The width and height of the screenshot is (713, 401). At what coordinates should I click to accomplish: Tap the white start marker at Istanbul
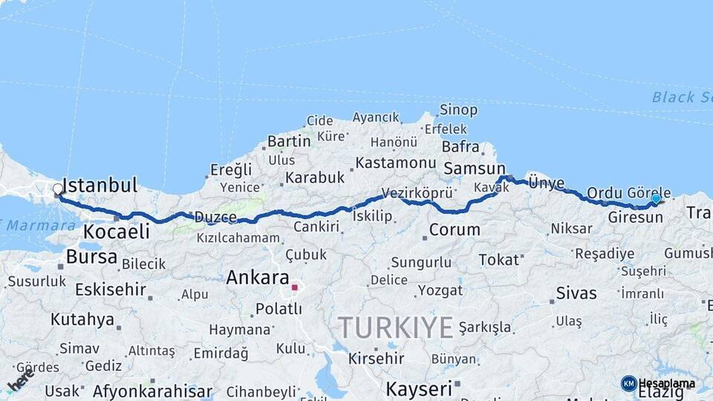pos(58,189)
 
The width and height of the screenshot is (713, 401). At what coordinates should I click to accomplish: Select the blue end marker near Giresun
pos(656,198)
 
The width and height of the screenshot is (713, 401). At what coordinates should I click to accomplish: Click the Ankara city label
pos(257,278)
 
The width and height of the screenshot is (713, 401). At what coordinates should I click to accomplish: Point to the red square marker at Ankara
pos(295,287)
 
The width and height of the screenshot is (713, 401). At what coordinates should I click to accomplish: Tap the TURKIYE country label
pos(395,327)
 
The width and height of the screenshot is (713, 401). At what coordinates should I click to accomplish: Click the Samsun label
pos(475,169)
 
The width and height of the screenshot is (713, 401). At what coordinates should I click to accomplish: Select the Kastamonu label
pos(395,163)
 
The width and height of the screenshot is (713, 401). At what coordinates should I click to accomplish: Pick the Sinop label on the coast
pos(458,110)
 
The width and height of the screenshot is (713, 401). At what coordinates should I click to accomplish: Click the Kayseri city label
pos(419,388)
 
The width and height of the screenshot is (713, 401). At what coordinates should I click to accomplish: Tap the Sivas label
pos(576,293)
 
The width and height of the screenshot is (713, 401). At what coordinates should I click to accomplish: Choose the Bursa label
pos(91,257)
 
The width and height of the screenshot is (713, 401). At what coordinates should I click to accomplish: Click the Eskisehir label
pos(109,289)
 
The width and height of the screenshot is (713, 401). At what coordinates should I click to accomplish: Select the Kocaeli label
pos(116,232)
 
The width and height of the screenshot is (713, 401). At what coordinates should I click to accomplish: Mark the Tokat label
pos(499,259)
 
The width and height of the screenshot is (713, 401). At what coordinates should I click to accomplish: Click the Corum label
pos(455,229)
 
